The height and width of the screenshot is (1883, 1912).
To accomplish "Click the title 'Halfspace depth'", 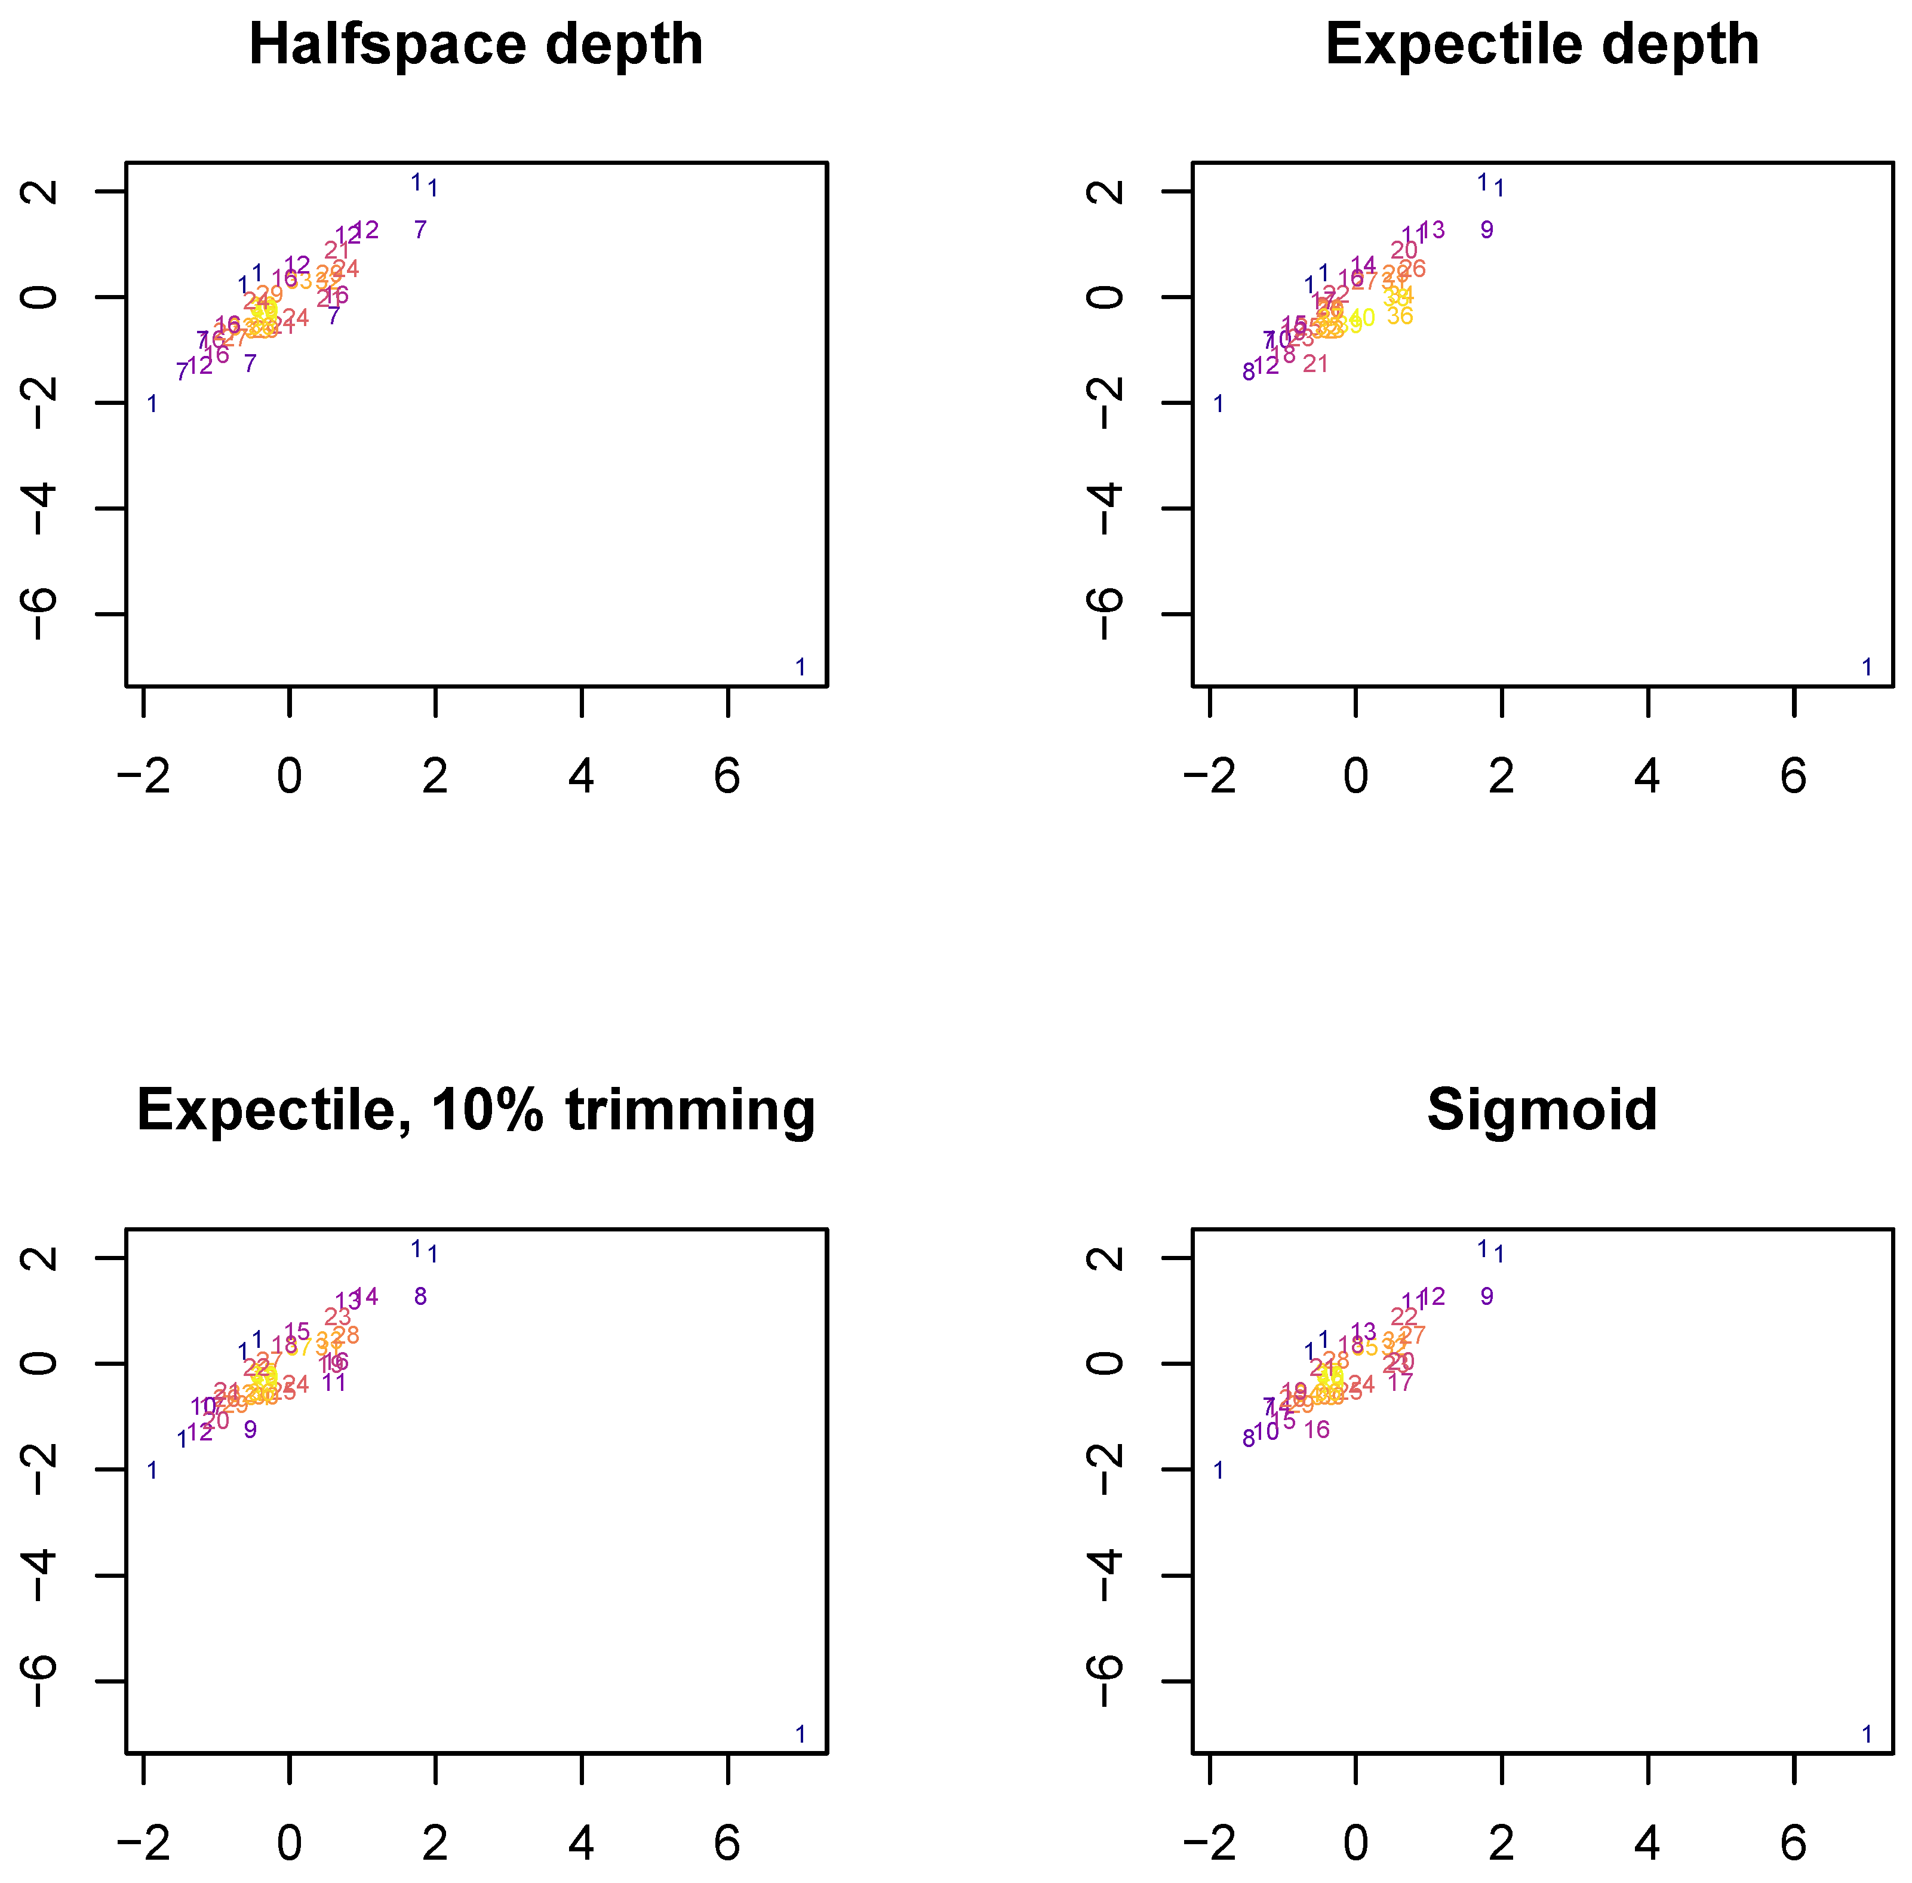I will [x=475, y=45].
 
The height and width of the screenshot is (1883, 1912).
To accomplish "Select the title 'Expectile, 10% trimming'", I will [x=475, y=1111].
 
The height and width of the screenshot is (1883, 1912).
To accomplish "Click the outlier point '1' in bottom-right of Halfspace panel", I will [x=801, y=668].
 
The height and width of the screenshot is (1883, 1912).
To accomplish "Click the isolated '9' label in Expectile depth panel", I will [x=1487, y=231].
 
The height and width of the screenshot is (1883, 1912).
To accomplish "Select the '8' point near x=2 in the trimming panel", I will [x=420, y=1297].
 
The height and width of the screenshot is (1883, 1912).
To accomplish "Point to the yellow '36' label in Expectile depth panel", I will [x=1399, y=317].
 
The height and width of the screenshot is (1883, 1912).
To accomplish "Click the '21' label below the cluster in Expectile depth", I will [x=1315, y=364].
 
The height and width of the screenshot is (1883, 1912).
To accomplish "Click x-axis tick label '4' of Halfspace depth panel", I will [x=582, y=778].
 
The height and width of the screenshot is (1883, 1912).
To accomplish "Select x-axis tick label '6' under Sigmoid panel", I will [x=1793, y=1844].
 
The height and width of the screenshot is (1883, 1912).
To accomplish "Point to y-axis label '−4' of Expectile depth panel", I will [x=1109, y=509].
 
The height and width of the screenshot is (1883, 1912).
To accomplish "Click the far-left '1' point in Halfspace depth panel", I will [x=152, y=404].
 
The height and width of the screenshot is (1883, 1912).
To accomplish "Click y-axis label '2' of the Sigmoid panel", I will [x=1109, y=1258].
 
